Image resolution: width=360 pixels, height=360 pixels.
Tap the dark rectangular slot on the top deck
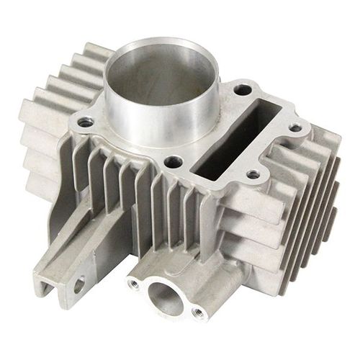click(x=238, y=134)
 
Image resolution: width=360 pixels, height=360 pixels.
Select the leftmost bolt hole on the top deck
click(x=86, y=123)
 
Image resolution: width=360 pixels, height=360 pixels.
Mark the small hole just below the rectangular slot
click(x=252, y=174)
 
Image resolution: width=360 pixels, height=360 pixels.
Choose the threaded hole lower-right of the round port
click(x=196, y=312)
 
